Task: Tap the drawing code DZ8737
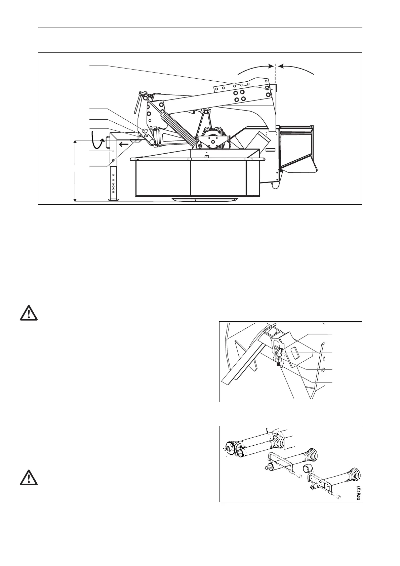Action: pyautogui.click(x=359, y=493)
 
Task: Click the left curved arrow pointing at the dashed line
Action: pyautogui.click(x=255, y=69)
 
